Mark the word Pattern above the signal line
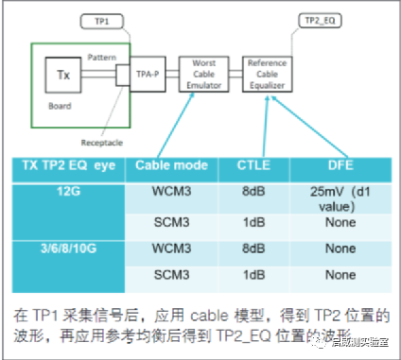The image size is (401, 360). (103, 58)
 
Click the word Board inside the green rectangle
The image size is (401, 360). (60, 106)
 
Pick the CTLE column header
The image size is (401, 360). (253, 167)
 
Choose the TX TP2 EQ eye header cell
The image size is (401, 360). (67, 167)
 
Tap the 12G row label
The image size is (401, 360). (67, 191)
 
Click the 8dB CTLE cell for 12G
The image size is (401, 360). (253, 191)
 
